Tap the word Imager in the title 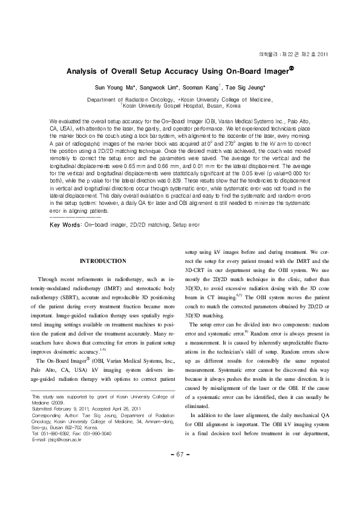273,71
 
